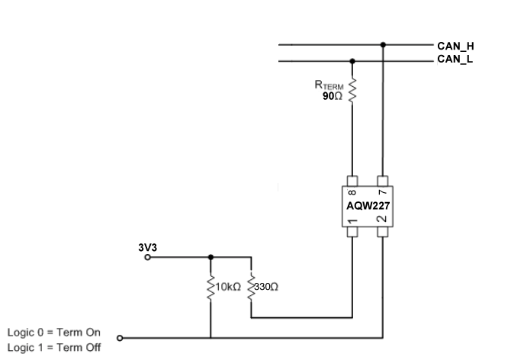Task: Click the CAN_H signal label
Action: [x=455, y=46]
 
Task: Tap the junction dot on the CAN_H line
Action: [x=383, y=45]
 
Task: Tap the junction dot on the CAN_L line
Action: [x=352, y=59]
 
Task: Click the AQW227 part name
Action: [x=368, y=206]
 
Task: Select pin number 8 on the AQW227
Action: [x=352, y=193]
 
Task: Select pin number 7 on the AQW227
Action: [x=382, y=193]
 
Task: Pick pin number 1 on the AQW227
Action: [x=352, y=220]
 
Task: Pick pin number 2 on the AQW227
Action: [x=382, y=220]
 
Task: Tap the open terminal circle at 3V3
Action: [x=149, y=257]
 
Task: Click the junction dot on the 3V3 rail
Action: [x=211, y=257]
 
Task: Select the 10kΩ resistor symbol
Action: [x=211, y=288]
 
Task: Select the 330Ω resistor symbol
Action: [x=251, y=288]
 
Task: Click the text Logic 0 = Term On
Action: [x=53, y=333]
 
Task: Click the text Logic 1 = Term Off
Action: [x=53, y=347]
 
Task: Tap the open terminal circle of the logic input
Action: [x=120, y=337]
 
